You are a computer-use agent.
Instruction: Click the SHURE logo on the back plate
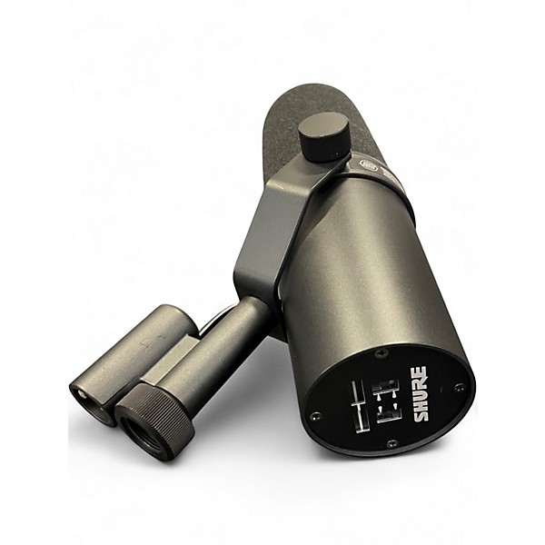420,393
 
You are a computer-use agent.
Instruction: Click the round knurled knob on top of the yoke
324,135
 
